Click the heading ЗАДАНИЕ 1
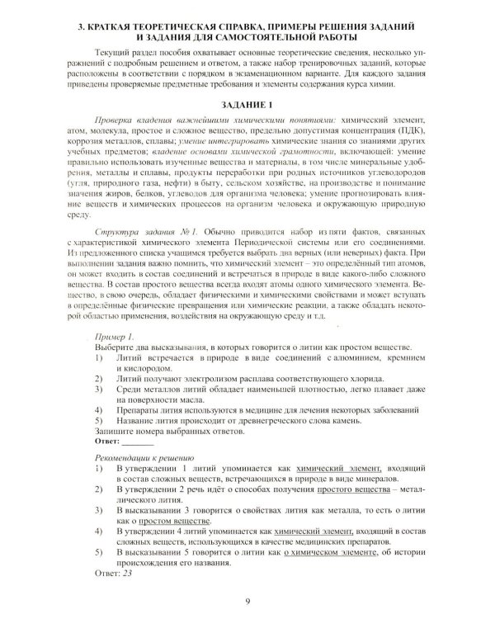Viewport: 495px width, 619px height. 247,106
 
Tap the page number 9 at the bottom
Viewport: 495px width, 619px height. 247,601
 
